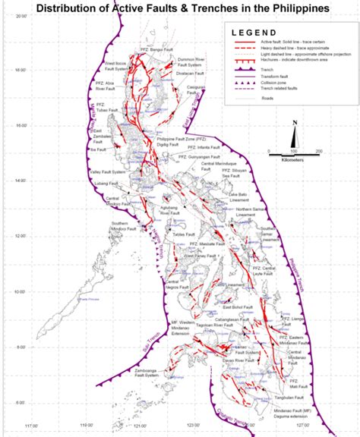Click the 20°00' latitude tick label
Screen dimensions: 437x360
click(21, 24)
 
